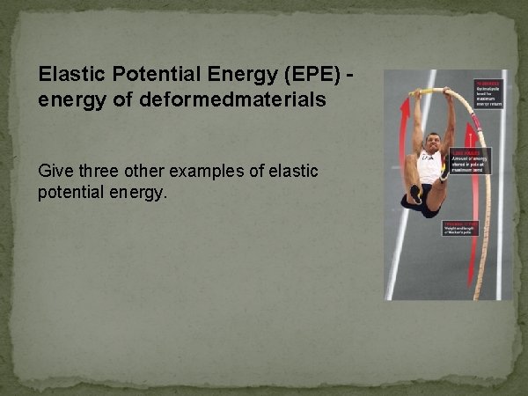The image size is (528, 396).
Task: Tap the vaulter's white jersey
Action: pyautogui.click(x=430, y=167)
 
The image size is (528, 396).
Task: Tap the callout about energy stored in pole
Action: pyautogui.click(x=471, y=160)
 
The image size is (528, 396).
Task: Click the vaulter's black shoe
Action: pyautogui.click(x=414, y=194)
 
